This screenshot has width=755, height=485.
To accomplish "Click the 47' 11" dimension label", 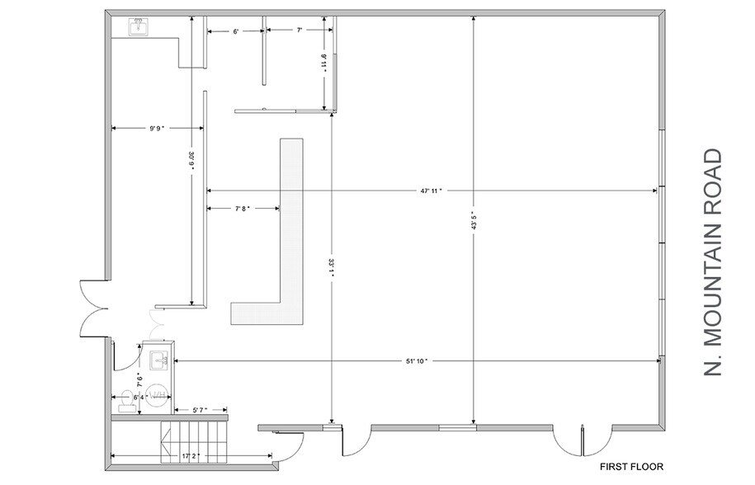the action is [431, 191].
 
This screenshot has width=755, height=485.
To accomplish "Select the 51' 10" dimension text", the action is [417, 361].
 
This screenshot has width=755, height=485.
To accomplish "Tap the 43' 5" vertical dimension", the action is [474, 221].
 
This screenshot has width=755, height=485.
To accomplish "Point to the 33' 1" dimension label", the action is [331, 268].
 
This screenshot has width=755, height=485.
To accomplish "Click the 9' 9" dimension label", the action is [157, 128].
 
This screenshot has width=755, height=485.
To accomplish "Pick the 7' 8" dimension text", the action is [243, 209].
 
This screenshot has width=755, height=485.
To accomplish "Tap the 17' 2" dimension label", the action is [191, 455].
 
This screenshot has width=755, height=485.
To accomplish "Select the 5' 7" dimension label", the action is [201, 410].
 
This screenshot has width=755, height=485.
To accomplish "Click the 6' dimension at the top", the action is [236, 31].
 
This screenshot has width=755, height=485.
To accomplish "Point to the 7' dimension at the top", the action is [299, 30].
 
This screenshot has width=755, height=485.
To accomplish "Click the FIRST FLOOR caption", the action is [631, 467].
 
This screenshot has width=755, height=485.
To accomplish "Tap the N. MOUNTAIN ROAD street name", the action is [713, 262].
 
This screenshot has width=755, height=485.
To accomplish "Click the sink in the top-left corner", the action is [139, 26].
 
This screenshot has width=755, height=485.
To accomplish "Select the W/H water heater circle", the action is [158, 396].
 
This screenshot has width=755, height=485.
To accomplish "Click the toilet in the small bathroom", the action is [126, 402].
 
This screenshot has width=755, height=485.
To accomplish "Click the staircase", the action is [193, 442].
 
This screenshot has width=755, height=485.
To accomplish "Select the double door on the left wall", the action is [94, 308].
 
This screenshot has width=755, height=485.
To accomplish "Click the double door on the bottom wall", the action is [583, 440].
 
